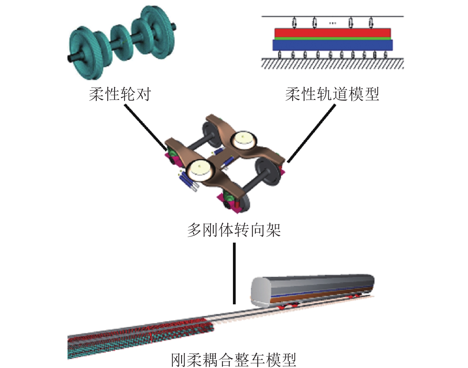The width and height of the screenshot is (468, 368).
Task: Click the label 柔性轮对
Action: pos(120,94)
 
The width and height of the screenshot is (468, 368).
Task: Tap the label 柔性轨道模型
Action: pos(332,94)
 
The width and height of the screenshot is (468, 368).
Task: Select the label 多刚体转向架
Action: pos(234,230)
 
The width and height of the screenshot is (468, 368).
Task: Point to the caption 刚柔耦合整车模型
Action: pos(234,359)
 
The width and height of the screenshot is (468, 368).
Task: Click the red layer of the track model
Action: pos(332,33)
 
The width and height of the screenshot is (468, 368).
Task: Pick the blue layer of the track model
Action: pos(332,45)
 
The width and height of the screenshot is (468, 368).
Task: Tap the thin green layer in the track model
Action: pos(332,39)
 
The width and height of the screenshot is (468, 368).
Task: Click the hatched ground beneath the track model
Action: pos(332,64)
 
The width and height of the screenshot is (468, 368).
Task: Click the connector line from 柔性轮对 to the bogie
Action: pos(145,126)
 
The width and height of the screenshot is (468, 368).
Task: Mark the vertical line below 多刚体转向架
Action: pos(234,273)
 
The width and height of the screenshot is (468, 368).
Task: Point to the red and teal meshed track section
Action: pos(140,335)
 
